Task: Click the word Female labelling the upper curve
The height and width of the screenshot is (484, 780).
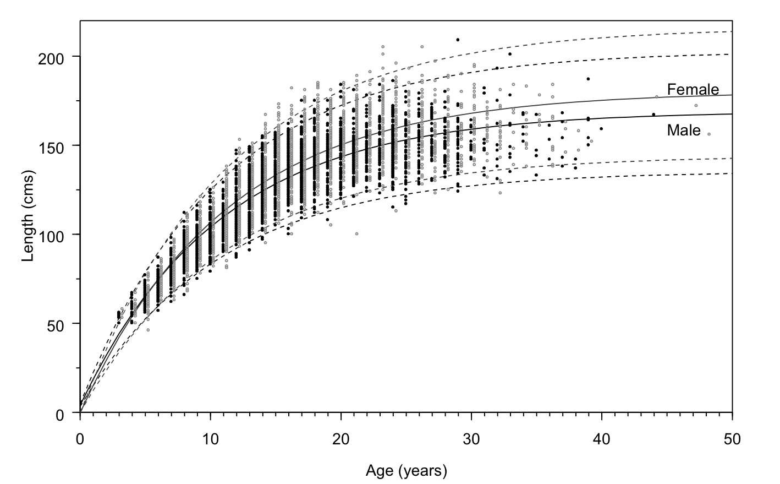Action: [693, 89]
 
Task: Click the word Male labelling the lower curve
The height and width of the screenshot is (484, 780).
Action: [684, 130]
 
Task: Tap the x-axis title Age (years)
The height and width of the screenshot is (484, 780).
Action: [407, 471]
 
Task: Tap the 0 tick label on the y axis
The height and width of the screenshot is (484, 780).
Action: [61, 413]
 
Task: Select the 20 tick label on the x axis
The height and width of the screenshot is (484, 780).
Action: [341, 439]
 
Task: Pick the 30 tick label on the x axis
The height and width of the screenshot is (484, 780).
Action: [471, 439]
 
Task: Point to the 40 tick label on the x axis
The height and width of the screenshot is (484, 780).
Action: [602, 439]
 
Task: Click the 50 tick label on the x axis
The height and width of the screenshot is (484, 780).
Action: [732, 439]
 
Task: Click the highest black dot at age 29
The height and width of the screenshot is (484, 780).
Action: [458, 40]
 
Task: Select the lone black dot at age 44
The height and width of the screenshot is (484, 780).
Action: [653, 115]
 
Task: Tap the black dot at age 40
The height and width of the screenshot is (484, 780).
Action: [601, 129]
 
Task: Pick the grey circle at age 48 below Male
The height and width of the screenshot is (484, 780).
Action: [709, 134]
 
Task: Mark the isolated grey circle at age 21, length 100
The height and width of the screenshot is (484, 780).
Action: [356, 234]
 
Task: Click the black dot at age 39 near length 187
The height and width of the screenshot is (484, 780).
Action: [588, 79]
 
